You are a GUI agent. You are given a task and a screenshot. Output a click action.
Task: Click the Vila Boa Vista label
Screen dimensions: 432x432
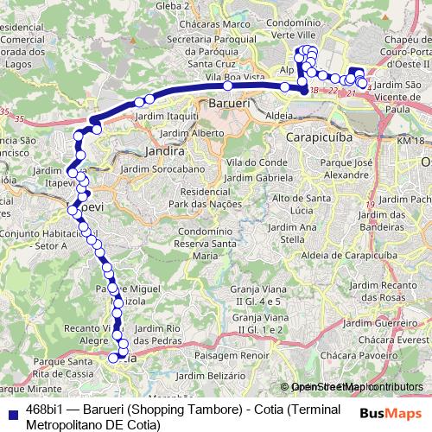tap(226, 77)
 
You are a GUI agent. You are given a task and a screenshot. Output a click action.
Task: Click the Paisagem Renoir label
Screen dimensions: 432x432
tap(227, 355)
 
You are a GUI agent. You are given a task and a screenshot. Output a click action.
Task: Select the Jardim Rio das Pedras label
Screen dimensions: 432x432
tap(157, 334)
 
